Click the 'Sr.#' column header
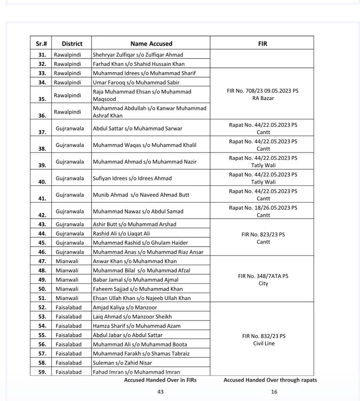click(41, 43)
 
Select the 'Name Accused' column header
click(151, 43)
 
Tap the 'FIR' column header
click(263, 43)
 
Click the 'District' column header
click(72, 43)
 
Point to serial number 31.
click(42, 55)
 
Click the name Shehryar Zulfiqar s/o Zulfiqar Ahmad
click(138, 55)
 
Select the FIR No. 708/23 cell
click(263, 94)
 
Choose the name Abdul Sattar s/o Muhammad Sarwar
click(137, 128)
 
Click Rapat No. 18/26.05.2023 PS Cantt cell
click(263, 211)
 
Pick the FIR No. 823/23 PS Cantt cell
click(263, 238)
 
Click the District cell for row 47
click(67, 261)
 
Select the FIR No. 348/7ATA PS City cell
click(263, 280)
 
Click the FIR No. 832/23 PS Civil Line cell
click(263, 340)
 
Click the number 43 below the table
click(160, 392)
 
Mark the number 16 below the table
click(274, 392)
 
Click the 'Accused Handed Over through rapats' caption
click(270, 380)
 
